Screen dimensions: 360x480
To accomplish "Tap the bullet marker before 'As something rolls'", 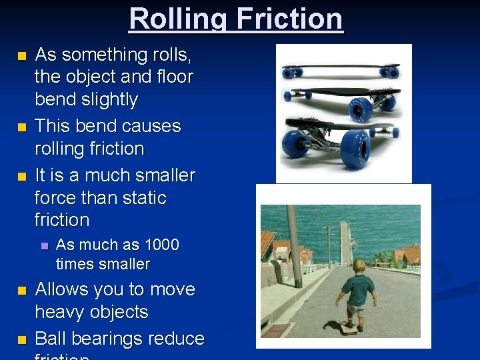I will pos(23,55).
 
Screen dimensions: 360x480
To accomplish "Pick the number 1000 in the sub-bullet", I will pos(161,245).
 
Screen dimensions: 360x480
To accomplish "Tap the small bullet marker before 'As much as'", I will pos(45,245).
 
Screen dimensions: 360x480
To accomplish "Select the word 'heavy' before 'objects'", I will pos(63,312).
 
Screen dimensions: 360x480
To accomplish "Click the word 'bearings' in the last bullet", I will pos(107,339).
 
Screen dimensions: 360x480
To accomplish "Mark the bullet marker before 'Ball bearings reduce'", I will pos(23,339).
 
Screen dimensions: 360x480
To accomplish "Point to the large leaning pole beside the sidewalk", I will pos(295,247).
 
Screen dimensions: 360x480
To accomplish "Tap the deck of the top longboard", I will pos(340,67).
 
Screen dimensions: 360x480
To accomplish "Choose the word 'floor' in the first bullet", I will pos(169,77).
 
